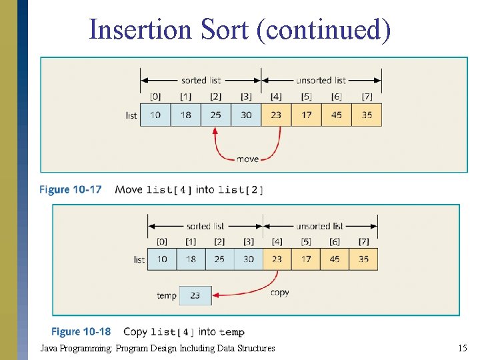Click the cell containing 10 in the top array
pyautogui.click(x=155, y=115)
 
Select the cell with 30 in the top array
pyautogui.click(x=246, y=115)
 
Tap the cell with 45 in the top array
pyautogui.click(x=337, y=115)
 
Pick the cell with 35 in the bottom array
pyautogui.click(x=363, y=259)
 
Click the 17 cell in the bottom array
pyautogui.click(x=306, y=259)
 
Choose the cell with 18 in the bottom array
pyautogui.click(x=191, y=259)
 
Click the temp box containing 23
pyautogui.click(x=195, y=295)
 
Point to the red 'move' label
pyautogui.click(x=247, y=159)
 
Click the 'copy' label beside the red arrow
pyautogui.click(x=280, y=292)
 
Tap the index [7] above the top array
pyautogui.click(x=367, y=97)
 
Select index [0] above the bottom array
pyautogui.click(x=162, y=241)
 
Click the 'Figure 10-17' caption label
pyautogui.click(x=70, y=189)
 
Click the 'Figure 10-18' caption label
pyautogui.click(x=81, y=331)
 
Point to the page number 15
pyautogui.click(x=463, y=348)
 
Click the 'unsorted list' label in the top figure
pyautogui.click(x=321, y=81)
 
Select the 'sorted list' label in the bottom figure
pyautogui.click(x=205, y=226)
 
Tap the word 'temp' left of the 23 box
pyautogui.click(x=166, y=295)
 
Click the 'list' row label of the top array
pyautogui.click(x=131, y=115)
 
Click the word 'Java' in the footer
pyautogui.click(x=49, y=348)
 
